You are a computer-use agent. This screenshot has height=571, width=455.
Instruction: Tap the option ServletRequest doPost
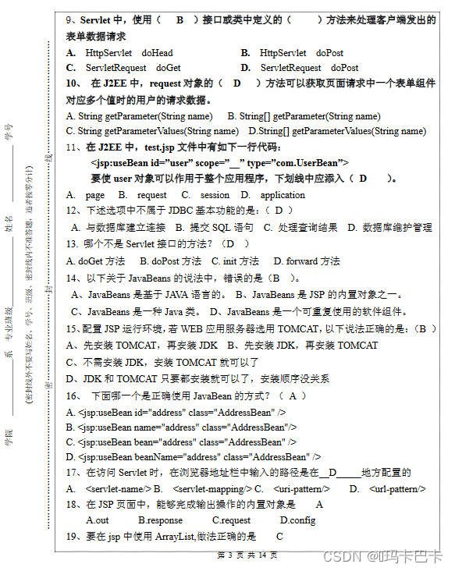309,68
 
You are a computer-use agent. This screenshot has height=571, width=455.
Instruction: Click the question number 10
73,83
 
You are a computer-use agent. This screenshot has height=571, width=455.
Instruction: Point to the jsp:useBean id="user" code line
219,162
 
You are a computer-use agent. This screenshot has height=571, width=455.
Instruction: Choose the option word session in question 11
215,195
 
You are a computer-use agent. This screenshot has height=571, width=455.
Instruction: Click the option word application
283,195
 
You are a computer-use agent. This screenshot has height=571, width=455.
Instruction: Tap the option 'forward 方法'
312,261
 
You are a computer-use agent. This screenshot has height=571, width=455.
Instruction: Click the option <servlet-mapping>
210,489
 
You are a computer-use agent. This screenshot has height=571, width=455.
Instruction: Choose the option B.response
160,520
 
